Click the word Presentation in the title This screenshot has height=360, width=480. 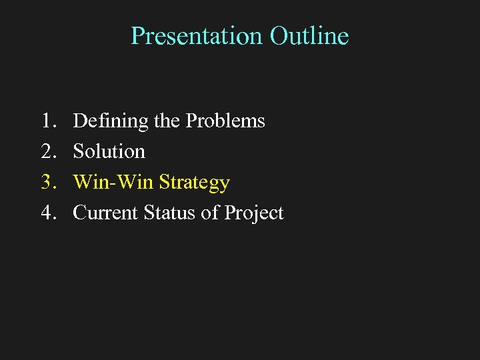click(197, 35)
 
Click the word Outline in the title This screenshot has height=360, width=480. click(309, 35)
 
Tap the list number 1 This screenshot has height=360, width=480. click(47, 121)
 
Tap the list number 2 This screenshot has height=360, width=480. click(47, 151)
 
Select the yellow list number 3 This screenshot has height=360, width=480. click(47, 182)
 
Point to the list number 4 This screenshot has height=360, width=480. click(47, 213)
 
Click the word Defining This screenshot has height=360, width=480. click(111, 121)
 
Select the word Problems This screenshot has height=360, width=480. click(225, 121)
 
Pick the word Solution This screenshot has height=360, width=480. click(109, 151)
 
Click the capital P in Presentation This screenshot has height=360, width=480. click(137, 35)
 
